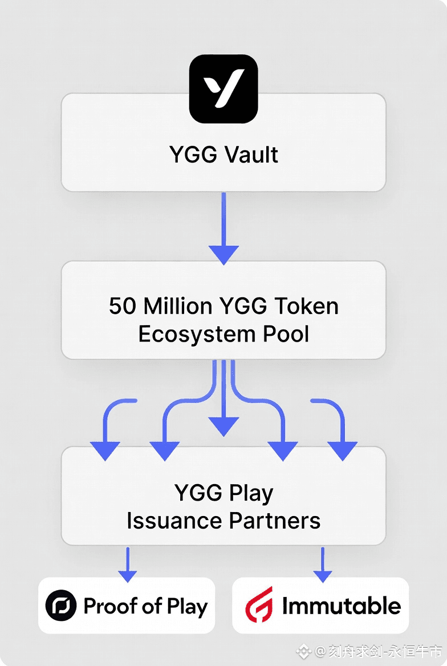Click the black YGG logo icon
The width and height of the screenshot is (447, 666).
coord(223,88)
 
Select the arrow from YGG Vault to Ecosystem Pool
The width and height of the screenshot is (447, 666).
coord(223,228)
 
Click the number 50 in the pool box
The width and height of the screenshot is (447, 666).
coord(123,306)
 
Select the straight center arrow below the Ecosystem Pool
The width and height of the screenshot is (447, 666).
coord(223,399)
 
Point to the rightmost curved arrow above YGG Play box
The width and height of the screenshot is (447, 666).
coord(340,428)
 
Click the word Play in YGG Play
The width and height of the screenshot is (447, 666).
coord(250,493)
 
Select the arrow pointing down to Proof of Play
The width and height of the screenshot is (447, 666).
coord(127,565)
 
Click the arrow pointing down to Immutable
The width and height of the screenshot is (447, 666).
coord(322,565)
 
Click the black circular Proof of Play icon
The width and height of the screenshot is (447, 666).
coord(60,606)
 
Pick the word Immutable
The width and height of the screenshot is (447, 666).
coord(341,606)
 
